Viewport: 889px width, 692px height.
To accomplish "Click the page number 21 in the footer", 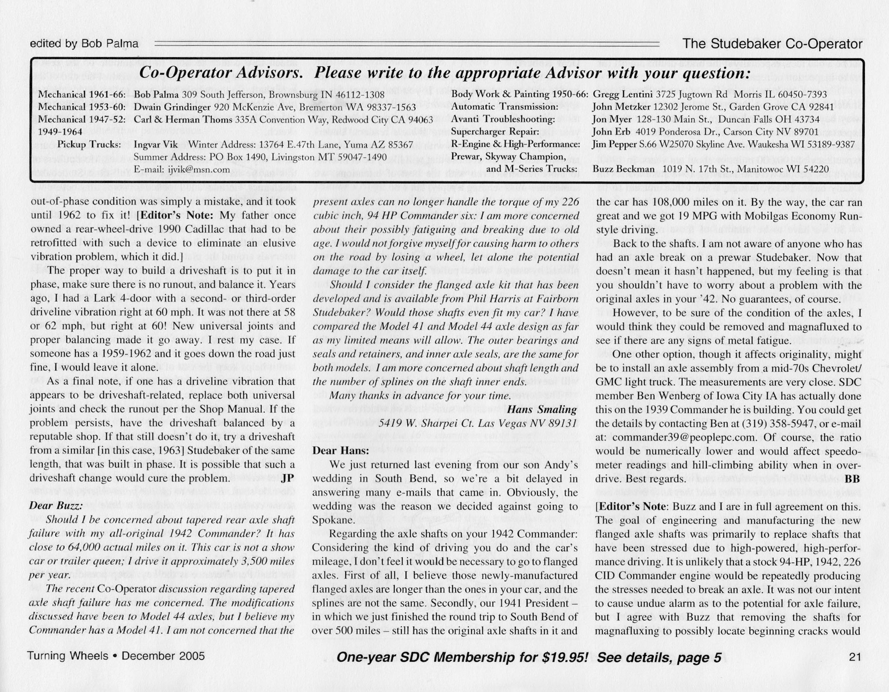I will point(854,656).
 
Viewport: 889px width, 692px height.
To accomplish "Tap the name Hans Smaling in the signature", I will point(542,409).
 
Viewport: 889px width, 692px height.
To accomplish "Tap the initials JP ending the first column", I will point(287,478).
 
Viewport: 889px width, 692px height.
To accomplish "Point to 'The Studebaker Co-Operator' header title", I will point(772,44).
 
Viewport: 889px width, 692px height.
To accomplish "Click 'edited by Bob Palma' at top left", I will point(84,43).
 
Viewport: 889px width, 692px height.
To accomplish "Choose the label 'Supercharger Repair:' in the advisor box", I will point(495,132).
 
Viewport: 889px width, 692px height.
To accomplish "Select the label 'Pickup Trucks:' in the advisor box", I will point(89,145).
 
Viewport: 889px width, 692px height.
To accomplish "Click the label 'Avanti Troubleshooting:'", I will point(503,120).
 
